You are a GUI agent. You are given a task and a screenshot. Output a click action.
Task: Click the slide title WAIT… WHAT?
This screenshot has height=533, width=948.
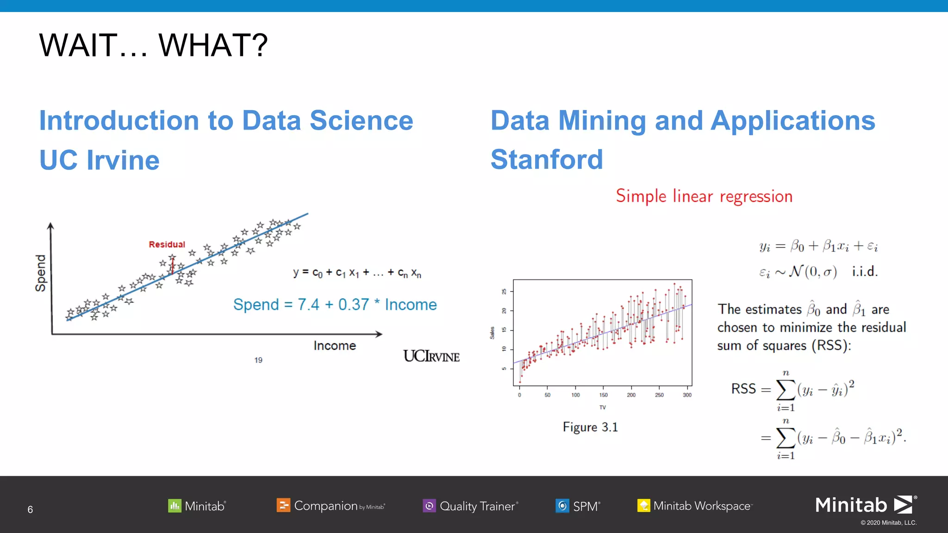pos(153,45)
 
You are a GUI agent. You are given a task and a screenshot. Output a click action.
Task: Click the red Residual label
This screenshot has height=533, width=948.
pos(167,244)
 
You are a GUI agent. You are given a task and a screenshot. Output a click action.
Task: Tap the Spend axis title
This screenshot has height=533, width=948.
pos(41,273)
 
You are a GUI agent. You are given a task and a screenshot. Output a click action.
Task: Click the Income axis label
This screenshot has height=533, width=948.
pos(335,346)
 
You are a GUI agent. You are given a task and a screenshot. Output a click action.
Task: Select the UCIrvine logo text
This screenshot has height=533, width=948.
pos(431,356)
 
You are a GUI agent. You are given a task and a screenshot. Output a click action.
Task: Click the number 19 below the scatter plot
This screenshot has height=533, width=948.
pos(258,360)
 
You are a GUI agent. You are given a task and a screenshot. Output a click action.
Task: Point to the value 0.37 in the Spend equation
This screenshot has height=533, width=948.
pos(354,304)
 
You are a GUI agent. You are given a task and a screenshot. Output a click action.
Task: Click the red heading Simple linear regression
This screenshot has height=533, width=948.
pos(704,196)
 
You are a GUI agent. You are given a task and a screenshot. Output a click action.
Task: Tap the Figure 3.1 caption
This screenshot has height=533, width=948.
pos(590,427)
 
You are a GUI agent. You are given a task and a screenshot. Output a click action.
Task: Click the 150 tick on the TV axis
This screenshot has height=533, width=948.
pos(603,395)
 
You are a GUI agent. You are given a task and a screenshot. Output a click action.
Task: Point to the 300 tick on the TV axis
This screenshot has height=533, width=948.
pos(687,395)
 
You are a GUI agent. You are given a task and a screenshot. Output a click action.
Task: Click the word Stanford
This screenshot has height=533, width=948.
pos(547,160)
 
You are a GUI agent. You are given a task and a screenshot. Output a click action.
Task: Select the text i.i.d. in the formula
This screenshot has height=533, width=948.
pos(865,272)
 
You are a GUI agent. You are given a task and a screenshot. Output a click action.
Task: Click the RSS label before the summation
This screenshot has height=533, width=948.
pos(743,389)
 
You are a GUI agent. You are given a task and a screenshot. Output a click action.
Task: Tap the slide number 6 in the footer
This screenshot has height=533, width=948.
pos(30,509)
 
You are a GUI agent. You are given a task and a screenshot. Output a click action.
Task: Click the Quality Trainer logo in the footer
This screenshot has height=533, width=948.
pos(470,506)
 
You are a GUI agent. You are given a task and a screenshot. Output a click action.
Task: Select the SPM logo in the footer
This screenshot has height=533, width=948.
pos(578,506)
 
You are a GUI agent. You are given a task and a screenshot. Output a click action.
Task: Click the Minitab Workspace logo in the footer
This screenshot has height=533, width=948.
pos(695,506)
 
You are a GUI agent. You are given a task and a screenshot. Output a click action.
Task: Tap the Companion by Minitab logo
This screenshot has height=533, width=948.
pos(331,506)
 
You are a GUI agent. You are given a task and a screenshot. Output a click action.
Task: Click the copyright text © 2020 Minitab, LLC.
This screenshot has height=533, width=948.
pos(888,523)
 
